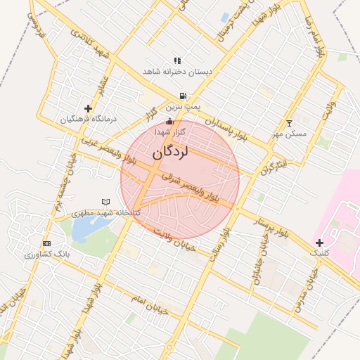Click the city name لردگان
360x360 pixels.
tap(172, 152)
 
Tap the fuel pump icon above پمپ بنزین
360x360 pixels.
tap(183, 96)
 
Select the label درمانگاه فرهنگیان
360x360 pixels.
tap(87, 120)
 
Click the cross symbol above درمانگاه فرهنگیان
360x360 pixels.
tap(88, 108)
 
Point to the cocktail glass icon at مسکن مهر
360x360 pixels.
tap(288, 123)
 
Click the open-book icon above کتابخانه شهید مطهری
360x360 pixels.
tap(105, 202)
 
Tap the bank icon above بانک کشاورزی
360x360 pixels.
tap(46, 243)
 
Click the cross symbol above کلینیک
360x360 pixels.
tap(320, 242)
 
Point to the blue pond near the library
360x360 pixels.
tap(87, 227)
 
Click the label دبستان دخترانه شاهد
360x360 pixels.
tap(177, 72)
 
